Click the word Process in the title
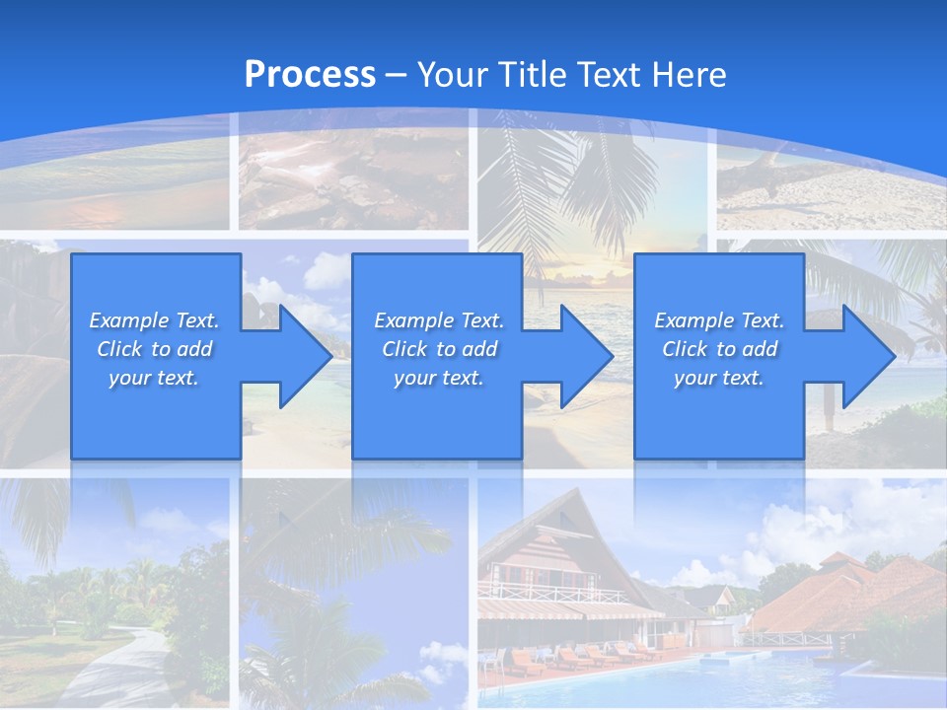click(x=310, y=75)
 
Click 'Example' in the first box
click(x=128, y=320)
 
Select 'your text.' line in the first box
click(x=154, y=378)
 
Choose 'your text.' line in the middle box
click(x=439, y=378)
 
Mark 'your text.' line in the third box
click(x=719, y=378)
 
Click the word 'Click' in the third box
click(x=685, y=349)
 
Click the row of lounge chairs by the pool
click(x=592, y=654)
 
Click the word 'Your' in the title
click(x=451, y=75)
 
